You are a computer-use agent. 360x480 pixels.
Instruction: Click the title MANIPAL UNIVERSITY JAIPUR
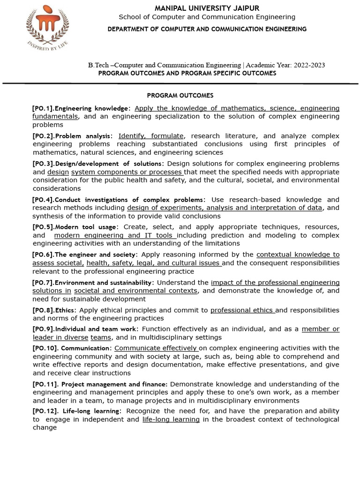pos(207,8)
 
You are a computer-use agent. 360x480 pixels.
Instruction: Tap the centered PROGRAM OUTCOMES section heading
pos(180,95)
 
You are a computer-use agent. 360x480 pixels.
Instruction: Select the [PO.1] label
pos(43,108)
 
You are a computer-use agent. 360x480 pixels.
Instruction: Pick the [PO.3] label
pos(43,164)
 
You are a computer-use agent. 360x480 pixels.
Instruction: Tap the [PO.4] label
pos(43,200)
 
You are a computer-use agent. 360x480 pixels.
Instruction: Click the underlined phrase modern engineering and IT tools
pos(115,235)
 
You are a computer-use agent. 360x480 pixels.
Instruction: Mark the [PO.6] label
pos(43,255)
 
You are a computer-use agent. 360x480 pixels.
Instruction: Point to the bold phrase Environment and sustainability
pos(105,283)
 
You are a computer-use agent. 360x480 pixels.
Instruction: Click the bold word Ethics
pos(65,310)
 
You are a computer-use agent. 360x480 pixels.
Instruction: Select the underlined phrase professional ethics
pos(243,310)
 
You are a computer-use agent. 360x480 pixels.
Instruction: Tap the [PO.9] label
pos(43,329)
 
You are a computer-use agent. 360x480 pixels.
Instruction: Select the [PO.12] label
pos(45,411)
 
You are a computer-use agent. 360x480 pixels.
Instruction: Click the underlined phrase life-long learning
pos(171,420)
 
